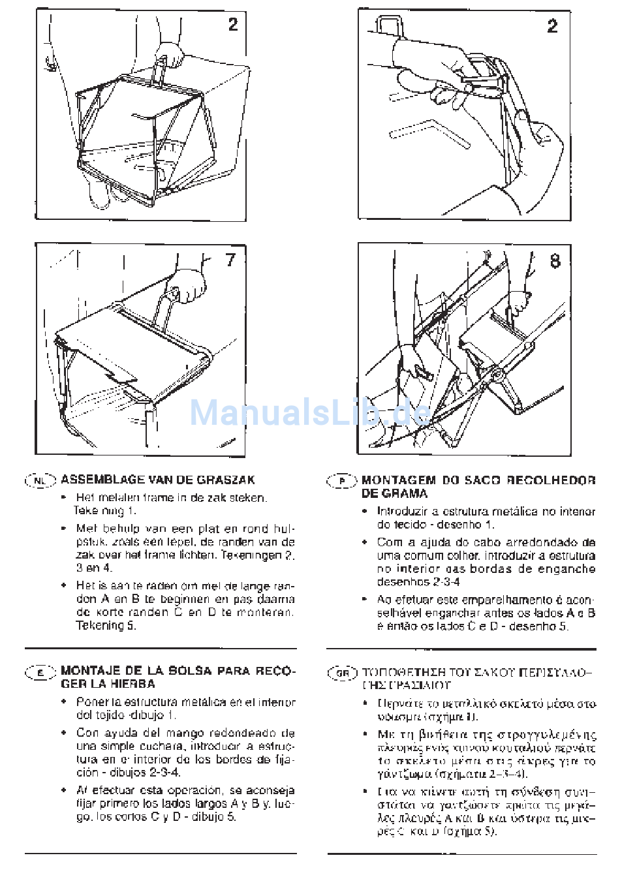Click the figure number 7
(x=230, y=260)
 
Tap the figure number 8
(x=555, y=261)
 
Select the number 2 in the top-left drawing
(x=233, y=25)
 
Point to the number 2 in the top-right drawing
(x=553, y=26)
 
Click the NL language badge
(x=40, y=481)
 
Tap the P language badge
(x=342, y=482)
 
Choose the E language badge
(x=40, y=672)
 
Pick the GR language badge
(x=342, y=673)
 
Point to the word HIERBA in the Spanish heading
(x=134, y=684)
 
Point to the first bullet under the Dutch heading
(x=63, y=498)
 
